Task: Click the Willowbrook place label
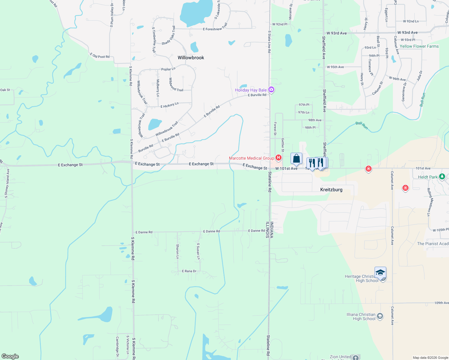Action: click(191, 58)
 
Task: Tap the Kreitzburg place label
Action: click(331, 190)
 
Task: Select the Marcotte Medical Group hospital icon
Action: click(279, 157)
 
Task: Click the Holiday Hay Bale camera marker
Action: click(271, 89)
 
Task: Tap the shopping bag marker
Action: click(296, 158)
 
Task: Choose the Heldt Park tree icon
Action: click(442, 177)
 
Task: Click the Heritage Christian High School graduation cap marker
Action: click(380, 273)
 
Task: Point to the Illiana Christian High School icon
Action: click(380, 316)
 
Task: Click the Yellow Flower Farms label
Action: click(419, 46)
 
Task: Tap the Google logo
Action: click(10, 356)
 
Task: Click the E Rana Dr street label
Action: click(189, 271)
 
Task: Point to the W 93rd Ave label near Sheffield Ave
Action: click(337, 33)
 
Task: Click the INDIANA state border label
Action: click(272, 230)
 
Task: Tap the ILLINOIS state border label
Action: click(267, 230)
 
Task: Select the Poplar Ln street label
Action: click(168, 69)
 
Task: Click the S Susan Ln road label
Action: click(198, 251)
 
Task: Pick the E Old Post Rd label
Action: click(100, 56)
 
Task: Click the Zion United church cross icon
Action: click(356, 357)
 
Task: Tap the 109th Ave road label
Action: click(441, 303)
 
